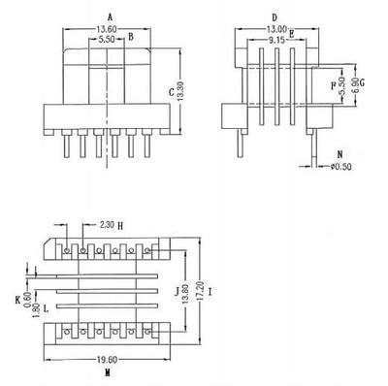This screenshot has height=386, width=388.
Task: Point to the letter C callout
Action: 171,92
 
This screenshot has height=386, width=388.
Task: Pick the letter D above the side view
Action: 275,16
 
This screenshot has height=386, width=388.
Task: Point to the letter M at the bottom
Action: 107,370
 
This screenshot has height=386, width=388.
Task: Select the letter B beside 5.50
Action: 130,39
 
